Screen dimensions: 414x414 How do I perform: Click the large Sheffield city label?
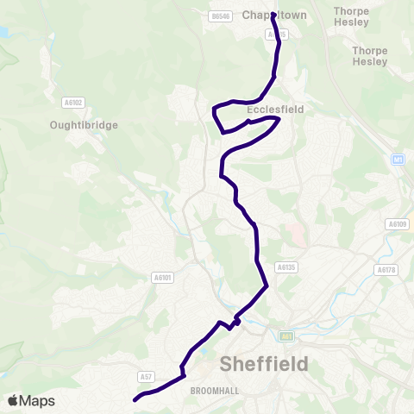point(265,364)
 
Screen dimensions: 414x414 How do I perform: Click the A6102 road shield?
point(73,102)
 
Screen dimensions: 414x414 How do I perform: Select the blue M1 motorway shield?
point(398,160)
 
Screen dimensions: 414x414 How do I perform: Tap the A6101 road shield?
point(162,278)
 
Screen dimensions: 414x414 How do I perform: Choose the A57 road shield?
point(145,377)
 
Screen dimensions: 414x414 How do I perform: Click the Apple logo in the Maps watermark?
point(13,400)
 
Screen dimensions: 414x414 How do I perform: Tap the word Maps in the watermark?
point(37,400)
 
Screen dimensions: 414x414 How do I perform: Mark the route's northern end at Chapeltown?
point(273,15)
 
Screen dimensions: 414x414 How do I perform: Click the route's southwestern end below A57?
point(135,399)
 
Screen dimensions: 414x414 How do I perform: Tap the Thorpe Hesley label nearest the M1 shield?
point(369,56)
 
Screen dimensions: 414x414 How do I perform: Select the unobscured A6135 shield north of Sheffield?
point(285,267)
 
